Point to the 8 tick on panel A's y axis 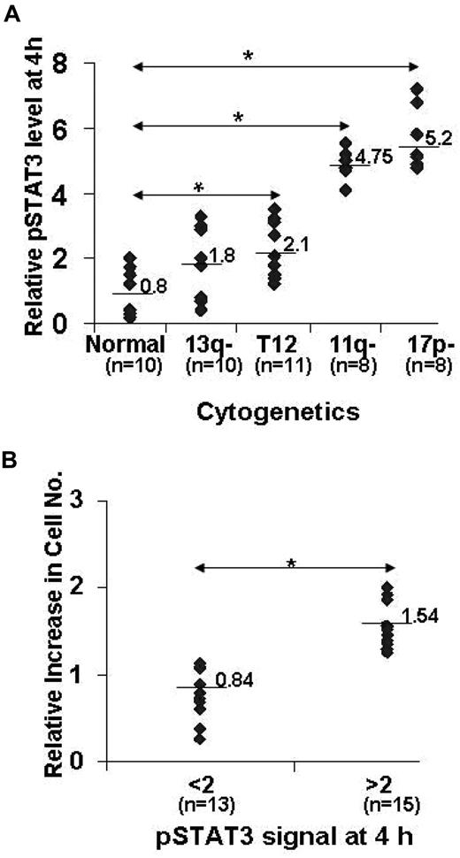[x=62, y=64]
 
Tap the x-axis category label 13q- [x=205, y=344]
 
